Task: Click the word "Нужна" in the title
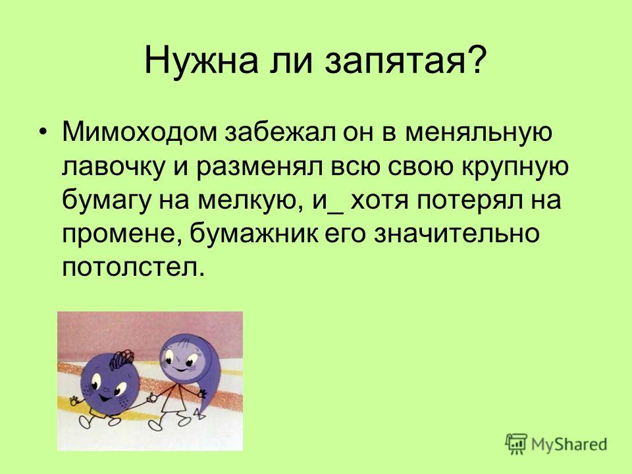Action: pos(201,61)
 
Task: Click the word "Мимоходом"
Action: pos(140,132)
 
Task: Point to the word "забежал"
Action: pos(280,132)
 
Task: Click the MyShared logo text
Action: pos(569,444)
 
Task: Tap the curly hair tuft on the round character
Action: pos(122,359)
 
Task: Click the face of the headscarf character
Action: pos(184,358)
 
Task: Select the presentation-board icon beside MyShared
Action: pos(516,444)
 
